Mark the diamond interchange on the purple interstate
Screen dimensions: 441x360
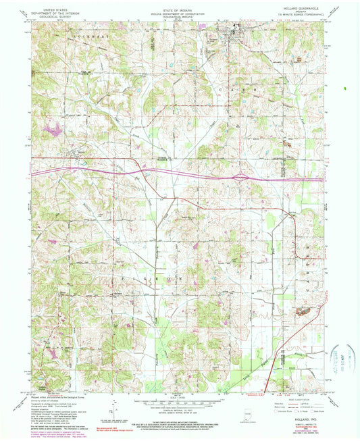[240, 178]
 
